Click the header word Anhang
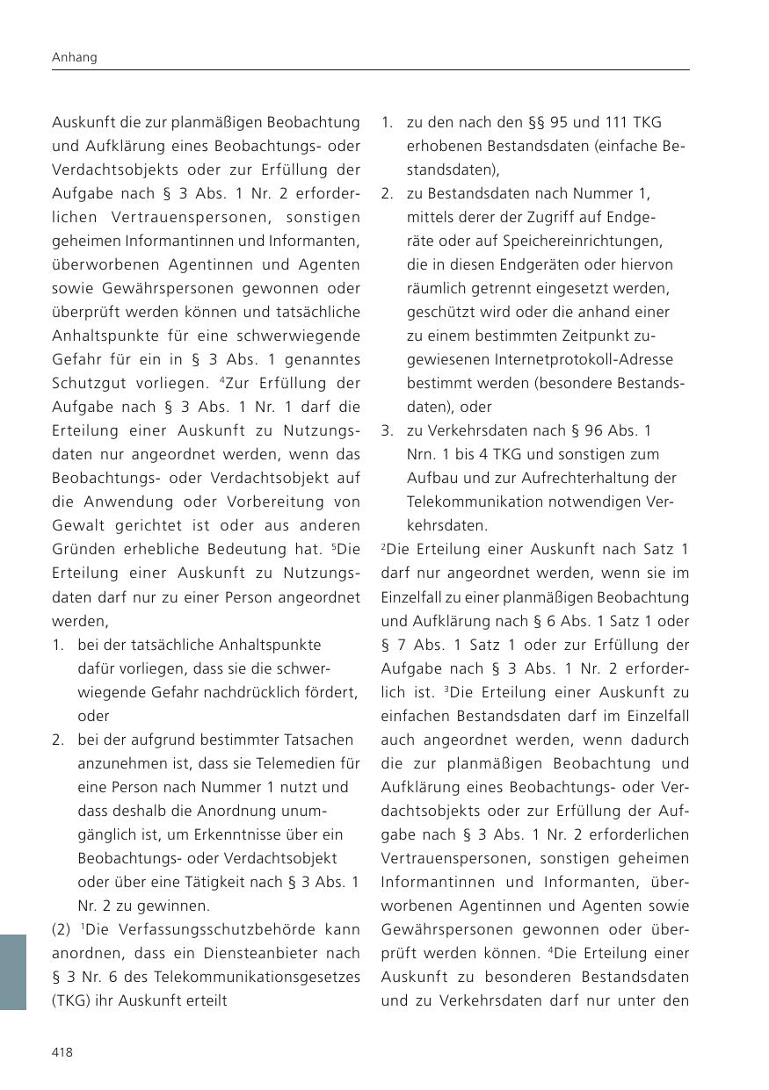point(74,58)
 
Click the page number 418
point(62,1052)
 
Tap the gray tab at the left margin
point(13,972)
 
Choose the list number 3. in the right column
point(387,430)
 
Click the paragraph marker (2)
point(62,929)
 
